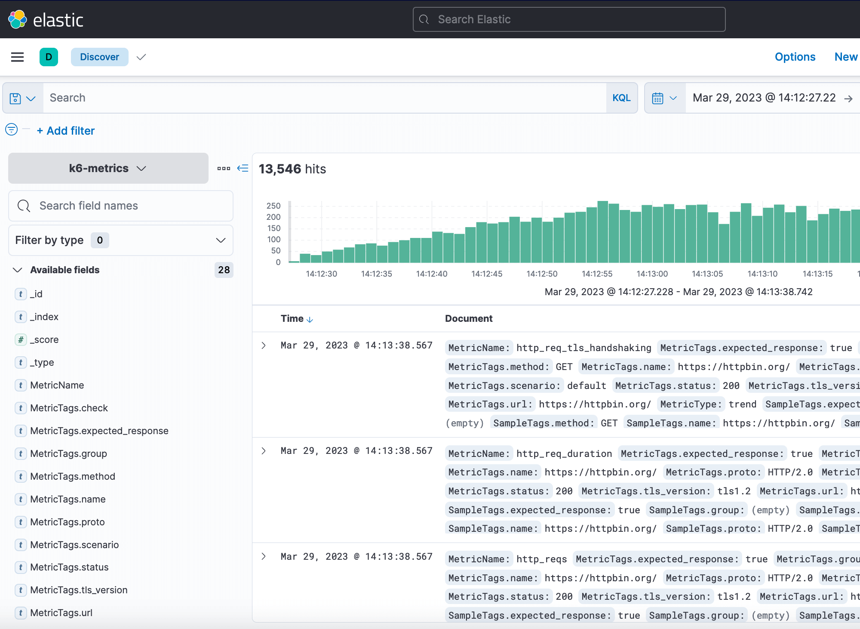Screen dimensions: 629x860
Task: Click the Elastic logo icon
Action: pyautogui.click(x=18, y=19)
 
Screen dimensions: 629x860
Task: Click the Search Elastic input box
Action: pyautogui.click(x=569, y=19)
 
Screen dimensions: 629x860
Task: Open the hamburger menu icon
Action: pyautogui.click(x=17, y=57)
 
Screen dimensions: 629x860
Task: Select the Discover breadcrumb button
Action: pyautogui.click(x=99, y=57)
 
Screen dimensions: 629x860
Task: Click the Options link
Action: pyautogui.click(x=795, y=57)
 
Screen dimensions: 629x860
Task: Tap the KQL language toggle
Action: pyautogui.click(x=621, y=98)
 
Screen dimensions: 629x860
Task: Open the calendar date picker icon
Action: pyautogui.click(x=658, y=98)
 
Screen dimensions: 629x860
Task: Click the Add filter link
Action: pyautogui.click(x=66, y=131)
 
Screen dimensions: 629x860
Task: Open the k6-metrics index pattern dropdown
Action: pyautogui.click(x=108, y=168)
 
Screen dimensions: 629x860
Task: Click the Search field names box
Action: pyautogui.click(x=121, y=206)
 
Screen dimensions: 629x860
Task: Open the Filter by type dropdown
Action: pyautogui.click(x=121, y=240)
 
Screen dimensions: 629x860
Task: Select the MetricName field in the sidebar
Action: pyautogui.click(x=57, y=385)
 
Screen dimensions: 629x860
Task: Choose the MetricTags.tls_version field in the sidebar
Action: pyautogui.click(x=79, y=590)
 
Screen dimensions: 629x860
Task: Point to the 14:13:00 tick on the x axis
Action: pyautogui.click(x=652, y=274)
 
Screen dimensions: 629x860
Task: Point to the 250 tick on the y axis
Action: pyautogui.click(x=273, y=206)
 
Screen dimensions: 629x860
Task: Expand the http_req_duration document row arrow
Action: pyautogui.click(x=264, y=451)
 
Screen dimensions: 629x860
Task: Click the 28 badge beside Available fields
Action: pyautogui.click(x=224, y=270)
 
